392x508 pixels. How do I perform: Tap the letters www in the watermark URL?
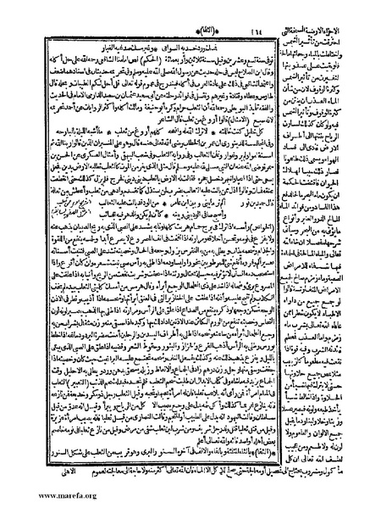[14, 500]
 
